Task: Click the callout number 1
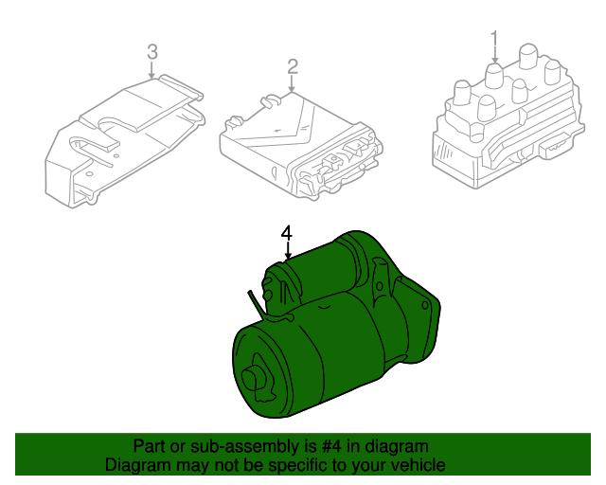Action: click(494, 40)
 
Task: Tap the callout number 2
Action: click(293, 66)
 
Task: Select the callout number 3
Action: click(152, 52)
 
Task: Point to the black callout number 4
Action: click(286, 233)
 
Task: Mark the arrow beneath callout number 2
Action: click(292, 84)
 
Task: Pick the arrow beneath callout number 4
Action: click(288, 250)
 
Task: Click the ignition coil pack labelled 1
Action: click(508, 118)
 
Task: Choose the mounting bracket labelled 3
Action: click(124, 141)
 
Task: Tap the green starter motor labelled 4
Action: click(336, 325)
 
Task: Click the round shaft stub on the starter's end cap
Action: click(251, 378)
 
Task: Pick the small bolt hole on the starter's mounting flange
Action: click(425, 306)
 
